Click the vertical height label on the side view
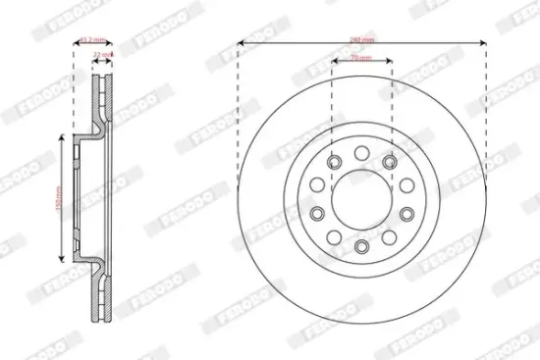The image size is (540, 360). (x=58, y=200)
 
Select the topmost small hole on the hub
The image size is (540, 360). (x=360, y=152)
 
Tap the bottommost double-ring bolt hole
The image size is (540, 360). (x=360, y=245)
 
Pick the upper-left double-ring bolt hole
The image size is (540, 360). (x=332, y=162)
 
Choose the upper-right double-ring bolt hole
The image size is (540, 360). (x=390, y=162)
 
